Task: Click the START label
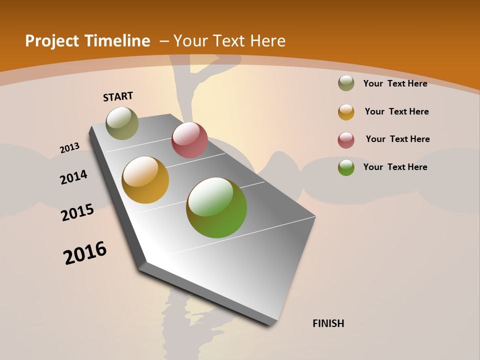(x=118, y=96)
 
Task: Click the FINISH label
(x=328, y=323)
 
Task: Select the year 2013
(x=69, y=148)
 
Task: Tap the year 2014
(x=73, y=177)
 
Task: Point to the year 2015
(x=77, y=212)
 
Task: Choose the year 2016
(x=85, y=253)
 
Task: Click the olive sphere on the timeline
(x=122, y=123)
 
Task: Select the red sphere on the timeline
(x=189, y=140)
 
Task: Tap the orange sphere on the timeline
(x=145, y=180)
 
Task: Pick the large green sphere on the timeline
(x=216, y=207)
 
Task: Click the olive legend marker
(x=346, y=83)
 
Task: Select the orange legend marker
(x=346, y=112)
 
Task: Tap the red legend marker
(x=346, y=140)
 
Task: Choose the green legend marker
(x=346, y=167)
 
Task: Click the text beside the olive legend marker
(x=395, y=83)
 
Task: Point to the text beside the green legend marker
(x=395, y=167)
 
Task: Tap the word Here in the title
(x=268, y=41)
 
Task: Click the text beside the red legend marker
(x=397, y=139)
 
